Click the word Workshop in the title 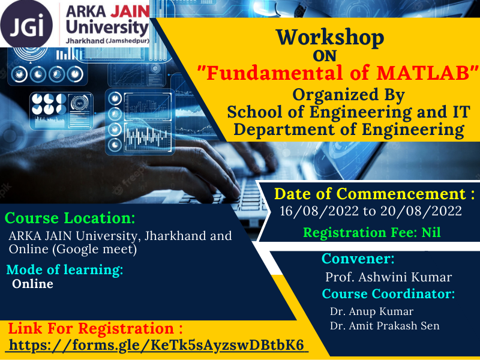(x=329, y=38)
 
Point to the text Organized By (x=349, y=95)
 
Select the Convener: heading (x=358, y=259)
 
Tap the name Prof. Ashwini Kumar (x=388, y=277)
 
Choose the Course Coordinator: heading (x=388, y=295)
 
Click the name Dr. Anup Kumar (x=371, y=312)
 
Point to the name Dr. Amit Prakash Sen (x=385, y=326)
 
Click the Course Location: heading (x=70, y=217)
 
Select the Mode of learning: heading (x=65, y=269)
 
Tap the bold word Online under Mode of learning (x=33, y=284)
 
